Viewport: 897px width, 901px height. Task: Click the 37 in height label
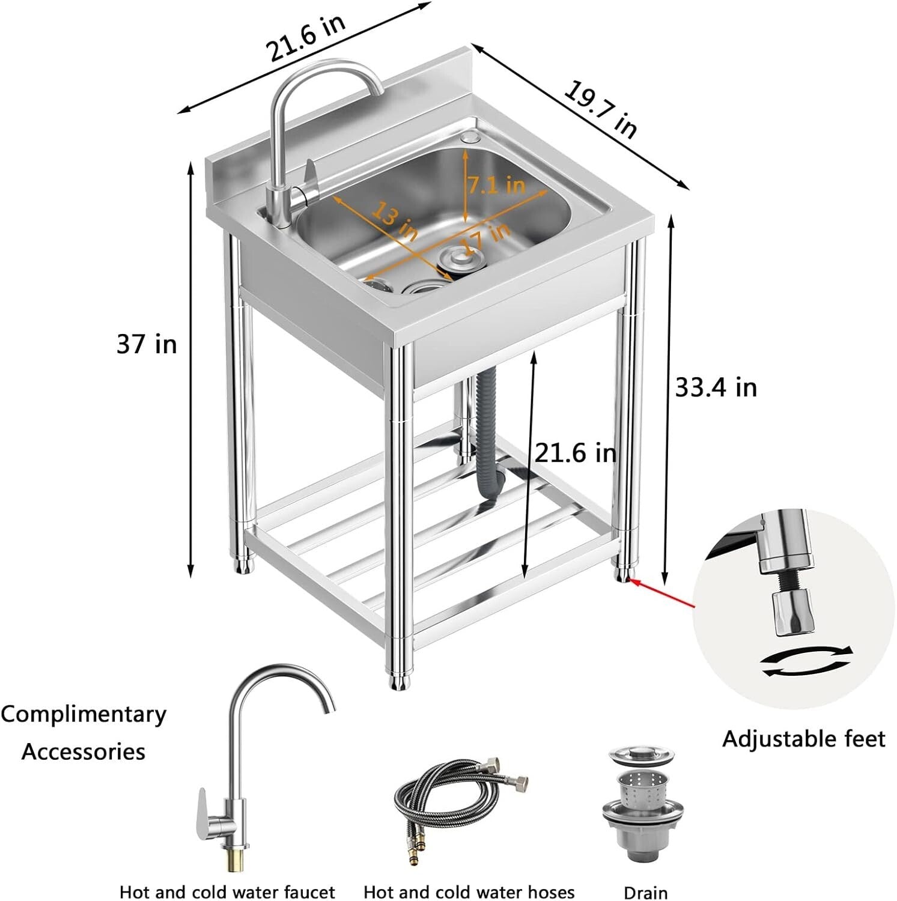(147, 344)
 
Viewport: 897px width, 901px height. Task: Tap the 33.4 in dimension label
(716, 387)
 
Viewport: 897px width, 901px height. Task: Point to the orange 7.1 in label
(496, 185)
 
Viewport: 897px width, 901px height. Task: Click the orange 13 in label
(394, 220)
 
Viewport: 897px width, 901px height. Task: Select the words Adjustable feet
(803, 738)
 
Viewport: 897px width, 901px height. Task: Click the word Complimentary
(84, 714)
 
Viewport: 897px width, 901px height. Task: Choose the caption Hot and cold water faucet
(227, 891)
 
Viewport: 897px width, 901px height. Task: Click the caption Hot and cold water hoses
(469, 891)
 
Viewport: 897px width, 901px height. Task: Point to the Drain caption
(645, 892)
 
